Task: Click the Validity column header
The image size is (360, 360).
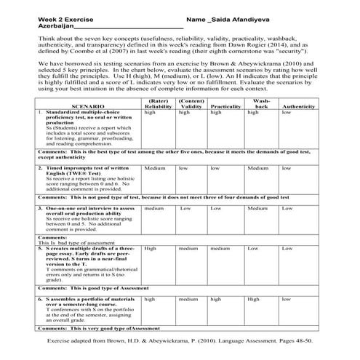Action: click(x=191, y=106)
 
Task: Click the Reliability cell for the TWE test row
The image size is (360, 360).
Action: click(x=155, y=168)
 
